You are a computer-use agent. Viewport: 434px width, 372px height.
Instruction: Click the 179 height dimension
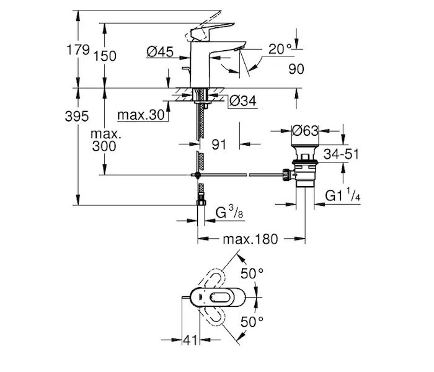point(77,51)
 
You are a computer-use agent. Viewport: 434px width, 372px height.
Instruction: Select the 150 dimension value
point(105,56)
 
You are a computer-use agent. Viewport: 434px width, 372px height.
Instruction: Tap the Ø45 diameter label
point(161,53)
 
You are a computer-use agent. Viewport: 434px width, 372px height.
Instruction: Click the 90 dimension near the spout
point(296,69)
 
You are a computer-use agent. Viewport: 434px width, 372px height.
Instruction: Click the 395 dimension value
point(77,117)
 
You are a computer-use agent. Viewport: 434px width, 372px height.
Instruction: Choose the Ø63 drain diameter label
point(305,131)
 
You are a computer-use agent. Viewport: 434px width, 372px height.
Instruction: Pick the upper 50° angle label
point(252,273)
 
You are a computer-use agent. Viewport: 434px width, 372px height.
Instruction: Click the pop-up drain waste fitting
point(305,167)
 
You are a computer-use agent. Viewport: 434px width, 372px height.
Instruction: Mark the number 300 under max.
point(104,147)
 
